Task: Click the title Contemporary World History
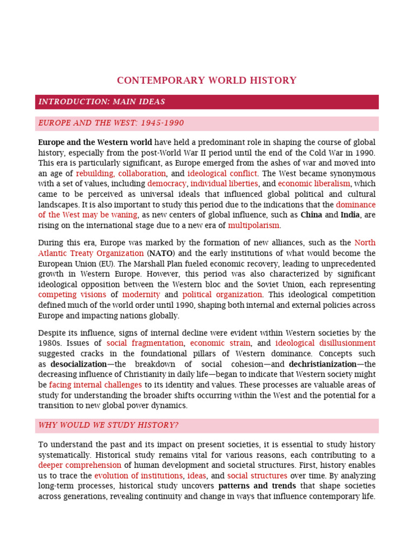[x=206, y=81]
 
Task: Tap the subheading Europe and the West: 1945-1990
[x=111, y=123]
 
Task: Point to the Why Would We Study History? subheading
[x=108, y=425]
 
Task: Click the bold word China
[x=311, y=215]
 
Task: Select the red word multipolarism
[x=253, y=225]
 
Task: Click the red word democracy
[x=167, y=184]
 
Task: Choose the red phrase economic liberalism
[x=314, y=184]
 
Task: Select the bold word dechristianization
[x=322, y=364]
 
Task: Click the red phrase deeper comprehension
[x=80, y=465]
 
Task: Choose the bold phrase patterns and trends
[x=257, y=486]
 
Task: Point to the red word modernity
[x=141, y=295]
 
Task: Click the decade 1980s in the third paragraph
[x=50, y=343]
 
